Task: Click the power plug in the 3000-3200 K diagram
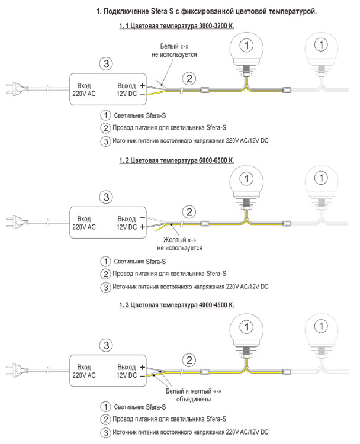pyautogui.click(x=14, y=90)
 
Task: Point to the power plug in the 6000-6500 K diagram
pyautogui.click(x=14, y=223)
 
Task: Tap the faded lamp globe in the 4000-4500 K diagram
pyautogui.click(x=320, y=330)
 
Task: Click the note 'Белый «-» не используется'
pyautogui.click(x=178, y=50)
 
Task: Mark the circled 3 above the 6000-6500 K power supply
pyautogui.click(x=105, y=197)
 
